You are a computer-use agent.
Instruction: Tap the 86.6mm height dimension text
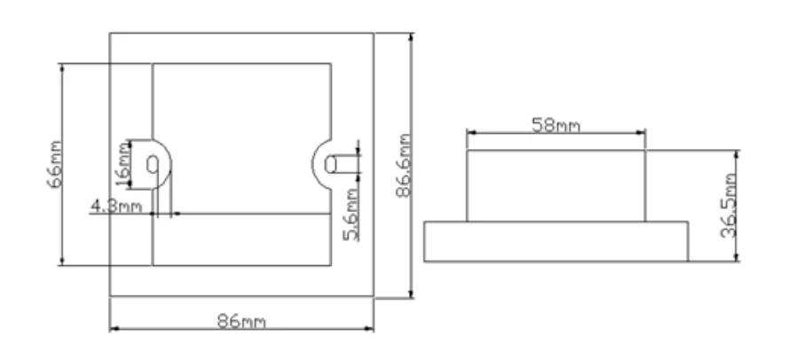tap(404, 166)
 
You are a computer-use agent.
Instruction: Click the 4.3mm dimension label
tap(115, 207)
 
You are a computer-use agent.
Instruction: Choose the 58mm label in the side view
tap(556, 124)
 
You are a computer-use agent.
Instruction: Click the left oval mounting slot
tap(153, 165)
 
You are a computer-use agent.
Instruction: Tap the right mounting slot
tap(332, 164)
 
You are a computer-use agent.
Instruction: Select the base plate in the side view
tap(556, 240)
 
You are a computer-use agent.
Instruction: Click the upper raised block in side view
tap(556, 184)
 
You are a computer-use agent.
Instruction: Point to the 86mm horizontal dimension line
tap(177, 331)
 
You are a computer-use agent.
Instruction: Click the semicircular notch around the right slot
tap(319, 164)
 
